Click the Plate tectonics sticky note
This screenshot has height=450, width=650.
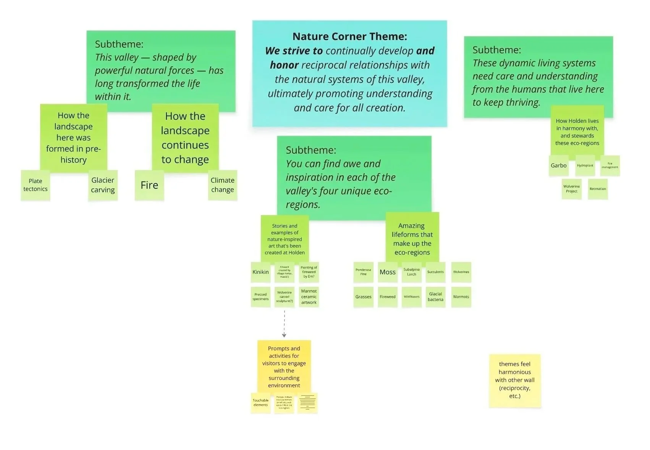[35, 185]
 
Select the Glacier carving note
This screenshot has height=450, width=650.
[103, 185]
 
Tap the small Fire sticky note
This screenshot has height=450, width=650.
[149, 185]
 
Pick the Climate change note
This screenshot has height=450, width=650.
[222, 185]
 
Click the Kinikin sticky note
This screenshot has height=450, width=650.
[260, 272]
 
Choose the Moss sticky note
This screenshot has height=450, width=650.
[387, 272]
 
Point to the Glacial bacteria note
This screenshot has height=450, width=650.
[435, 297]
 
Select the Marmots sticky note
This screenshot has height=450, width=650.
[461, 297]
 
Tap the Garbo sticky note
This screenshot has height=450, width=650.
[558, 166]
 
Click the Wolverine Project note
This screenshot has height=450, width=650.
[571, 189]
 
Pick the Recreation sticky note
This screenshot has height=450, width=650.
[598, 189]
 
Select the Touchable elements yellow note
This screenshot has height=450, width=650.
[260, 403]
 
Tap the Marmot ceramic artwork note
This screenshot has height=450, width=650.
[309, 297]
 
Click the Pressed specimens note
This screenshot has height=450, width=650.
[260, 297]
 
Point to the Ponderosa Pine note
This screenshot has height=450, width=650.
[363, 272]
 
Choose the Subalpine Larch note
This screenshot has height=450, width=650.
[411, 272]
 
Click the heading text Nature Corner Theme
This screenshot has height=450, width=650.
[349, 37]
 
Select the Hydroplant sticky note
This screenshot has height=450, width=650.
[585, 166]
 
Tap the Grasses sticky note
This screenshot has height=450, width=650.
[363, 297]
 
